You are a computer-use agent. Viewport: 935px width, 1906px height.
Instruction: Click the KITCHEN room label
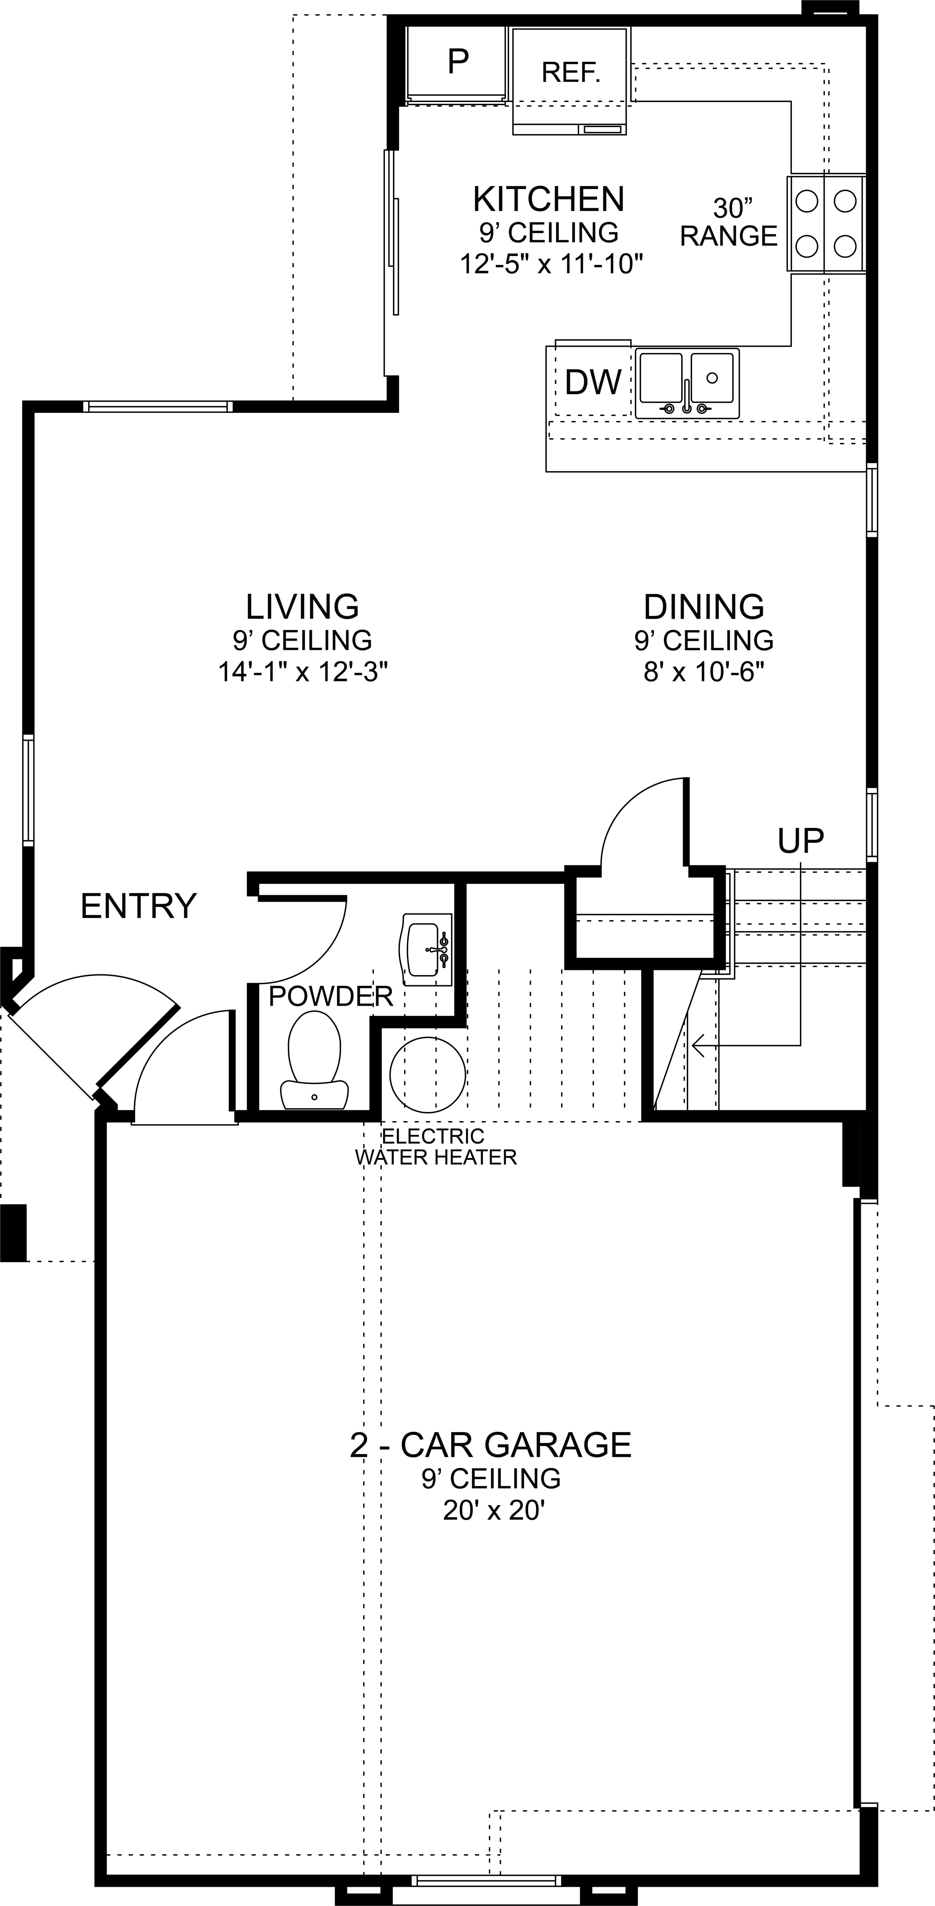tap(548, 199)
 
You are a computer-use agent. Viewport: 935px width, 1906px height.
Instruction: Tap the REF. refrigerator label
tap(571, 72)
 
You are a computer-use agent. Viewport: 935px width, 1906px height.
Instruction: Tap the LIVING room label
tap(302, 607)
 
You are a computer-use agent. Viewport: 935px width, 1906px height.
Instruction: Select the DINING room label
tap(703, 607)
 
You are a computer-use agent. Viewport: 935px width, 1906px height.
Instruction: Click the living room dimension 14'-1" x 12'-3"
tap(303, 672)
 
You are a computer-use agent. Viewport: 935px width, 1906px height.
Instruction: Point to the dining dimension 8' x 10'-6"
tap(703, 672)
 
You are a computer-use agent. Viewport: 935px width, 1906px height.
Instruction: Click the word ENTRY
tap(138, 906)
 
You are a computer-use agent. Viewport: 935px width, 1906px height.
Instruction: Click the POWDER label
tap(330, 997)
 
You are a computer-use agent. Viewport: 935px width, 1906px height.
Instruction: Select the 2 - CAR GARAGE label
tap(491, 1444)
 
